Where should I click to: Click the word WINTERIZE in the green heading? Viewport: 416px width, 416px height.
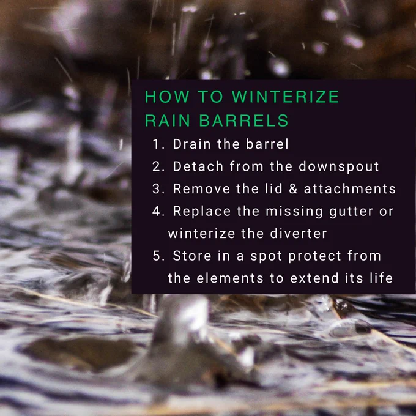(285, 96)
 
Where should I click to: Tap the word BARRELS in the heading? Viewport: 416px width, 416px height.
(243, 121)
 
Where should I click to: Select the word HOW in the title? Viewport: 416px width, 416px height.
(167, 96)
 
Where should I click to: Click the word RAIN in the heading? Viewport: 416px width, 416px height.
(168, 121)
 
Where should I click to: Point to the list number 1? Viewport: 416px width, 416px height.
(158, 144)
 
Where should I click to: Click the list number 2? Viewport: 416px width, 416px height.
(158, 166)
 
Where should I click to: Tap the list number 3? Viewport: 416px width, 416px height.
(158, 188)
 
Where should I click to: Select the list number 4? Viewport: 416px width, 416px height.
(158, 211)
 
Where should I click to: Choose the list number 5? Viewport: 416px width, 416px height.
(158, 256)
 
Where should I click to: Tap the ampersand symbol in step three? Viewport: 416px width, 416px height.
(293, 188)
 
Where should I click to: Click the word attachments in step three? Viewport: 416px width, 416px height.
(350, 188)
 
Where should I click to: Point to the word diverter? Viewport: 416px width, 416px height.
(299, 234)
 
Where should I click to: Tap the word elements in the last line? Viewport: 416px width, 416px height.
(230, 278)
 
